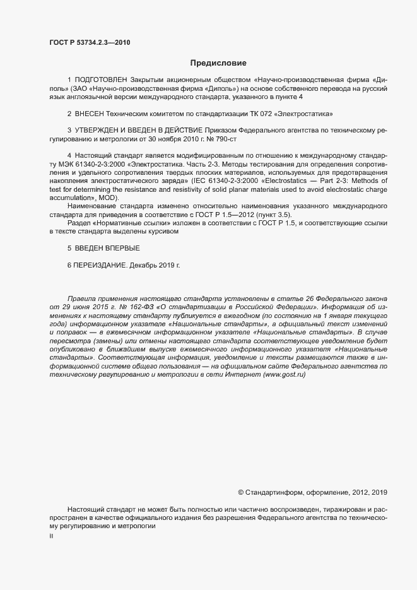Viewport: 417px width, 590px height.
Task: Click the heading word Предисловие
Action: pyautogui.click(x=218, y=62)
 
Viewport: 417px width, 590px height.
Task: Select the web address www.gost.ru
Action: pyautogui.click(x=283, y=375)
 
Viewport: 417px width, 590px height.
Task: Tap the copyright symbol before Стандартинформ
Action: pyautogui.click(x=240, y=492)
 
